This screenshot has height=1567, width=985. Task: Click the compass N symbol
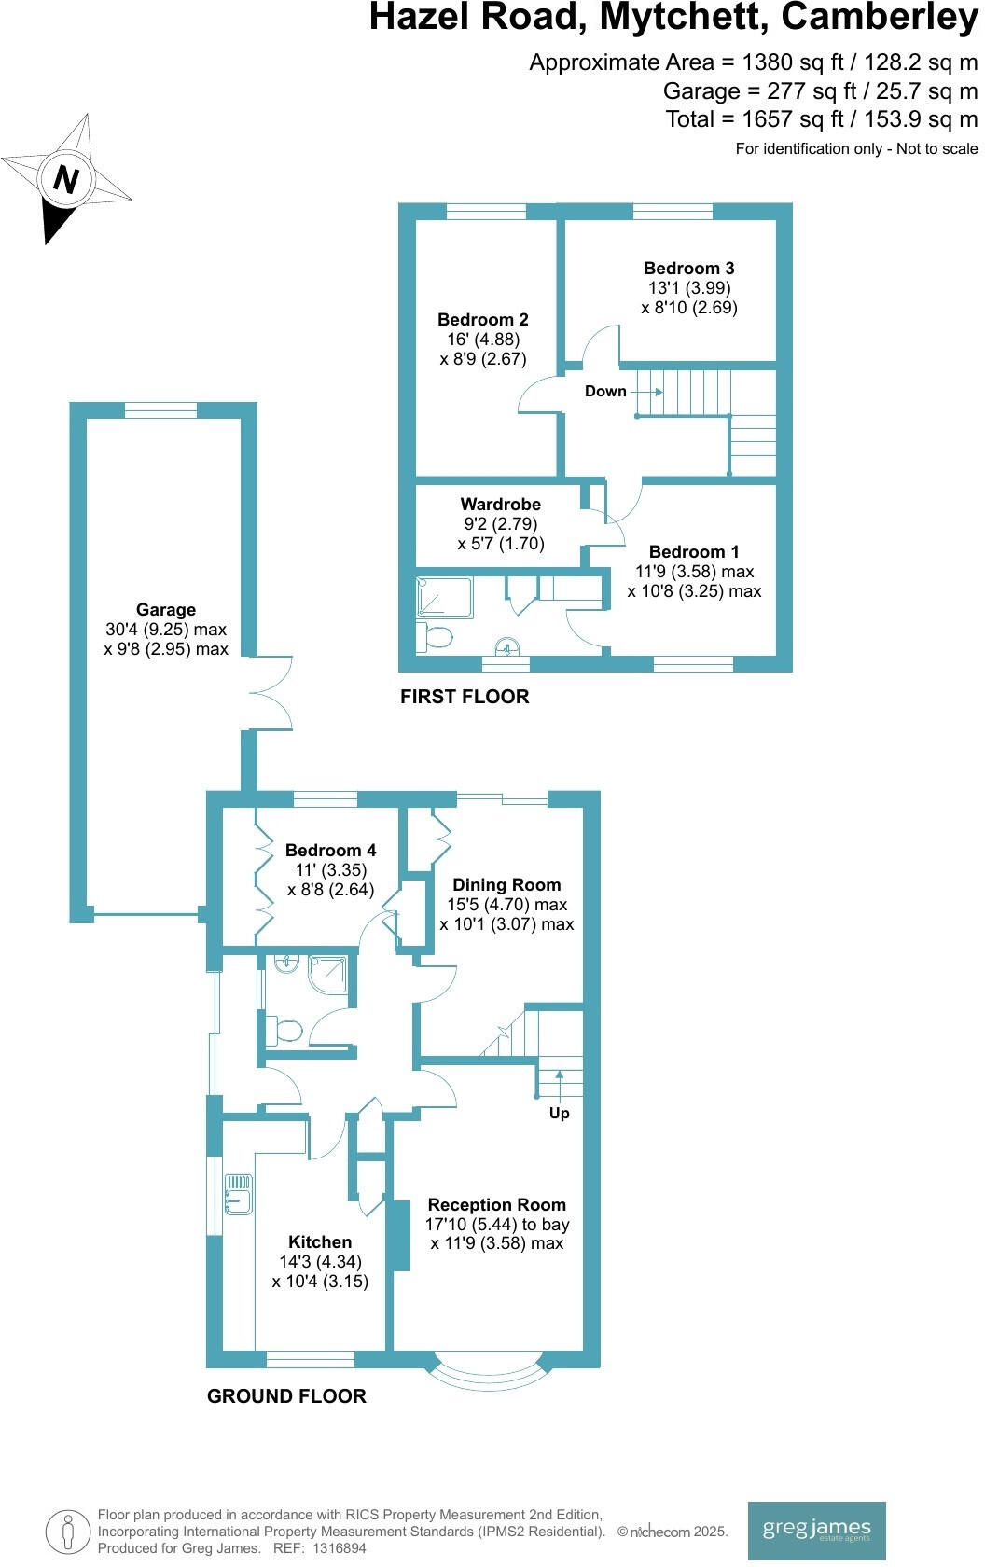[x=64, y=178]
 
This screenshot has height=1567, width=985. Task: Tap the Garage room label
[x=166, y=610]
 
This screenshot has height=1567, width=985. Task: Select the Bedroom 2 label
[x=483, y=320]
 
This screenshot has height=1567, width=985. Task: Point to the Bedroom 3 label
[x=689, y=269]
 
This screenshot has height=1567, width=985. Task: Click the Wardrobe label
[x=501, y=505]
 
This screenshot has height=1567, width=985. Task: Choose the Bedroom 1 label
[x=694, y=552]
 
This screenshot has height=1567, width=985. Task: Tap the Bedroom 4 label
[x=331, y=851]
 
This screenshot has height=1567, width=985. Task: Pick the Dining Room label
[x=506, y=885]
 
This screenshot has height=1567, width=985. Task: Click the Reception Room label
[x=497, y=1205]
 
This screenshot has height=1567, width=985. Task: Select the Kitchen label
[x=320, y=1242]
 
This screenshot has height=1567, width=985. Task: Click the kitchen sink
[x=237, y=1195]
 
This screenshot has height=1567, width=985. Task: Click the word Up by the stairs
[x=559, y=1114]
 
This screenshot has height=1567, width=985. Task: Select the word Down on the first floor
[x=605, y=392]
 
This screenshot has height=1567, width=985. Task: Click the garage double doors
[x=271, y=692]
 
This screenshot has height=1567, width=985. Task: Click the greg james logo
[x=816, y=1529]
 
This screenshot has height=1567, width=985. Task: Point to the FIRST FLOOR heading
[x=465, y=697]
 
